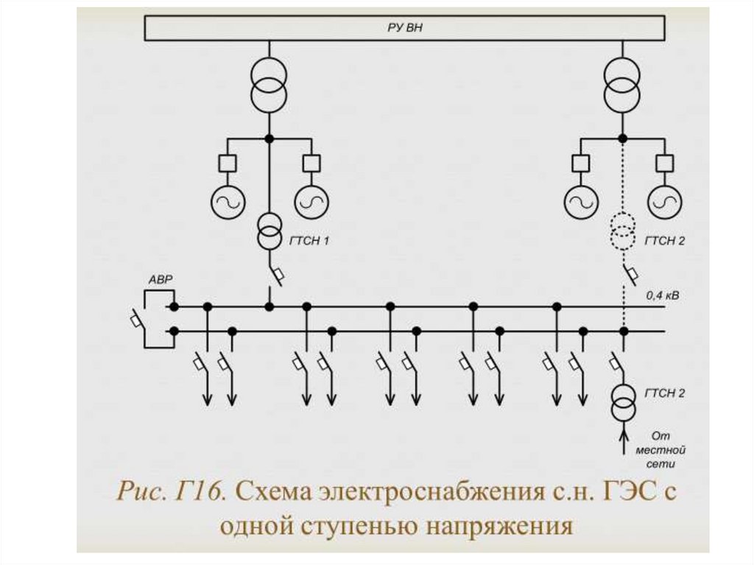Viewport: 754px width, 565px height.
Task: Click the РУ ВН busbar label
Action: point(405,28)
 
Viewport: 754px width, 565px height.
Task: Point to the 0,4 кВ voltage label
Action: point(663,296)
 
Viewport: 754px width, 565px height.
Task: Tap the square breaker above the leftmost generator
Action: point(227,163)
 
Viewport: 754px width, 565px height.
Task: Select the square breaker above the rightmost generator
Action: point(665,163)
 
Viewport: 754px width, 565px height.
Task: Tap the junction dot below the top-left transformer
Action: point(269,138)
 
